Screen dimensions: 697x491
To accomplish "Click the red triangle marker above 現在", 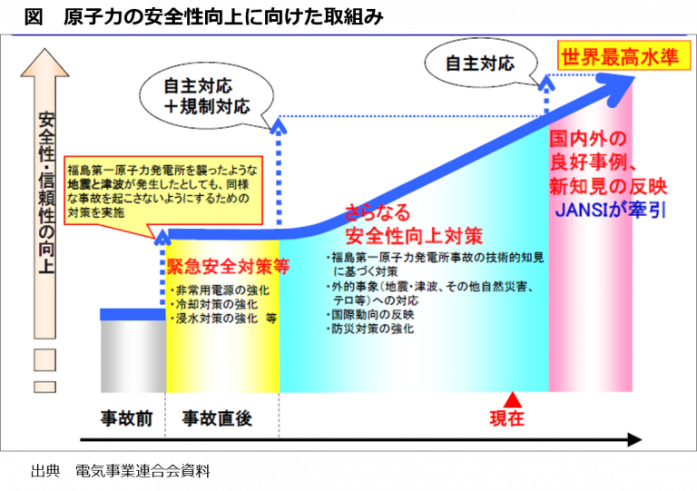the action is point(513,399).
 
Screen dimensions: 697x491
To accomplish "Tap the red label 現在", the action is point(507,418).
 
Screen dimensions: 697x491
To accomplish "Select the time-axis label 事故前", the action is point(127,418).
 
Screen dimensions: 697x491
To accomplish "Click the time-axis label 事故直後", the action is point(217,418).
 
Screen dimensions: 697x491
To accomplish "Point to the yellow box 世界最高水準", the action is point(624,57).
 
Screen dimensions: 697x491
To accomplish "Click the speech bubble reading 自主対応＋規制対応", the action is point(207,97).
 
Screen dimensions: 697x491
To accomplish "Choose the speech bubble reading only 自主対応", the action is point(481,64).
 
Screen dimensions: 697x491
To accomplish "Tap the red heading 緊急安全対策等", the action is point(228,266).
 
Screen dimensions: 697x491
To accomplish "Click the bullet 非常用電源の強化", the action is point(221,290).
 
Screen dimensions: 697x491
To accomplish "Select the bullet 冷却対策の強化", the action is point(214,304).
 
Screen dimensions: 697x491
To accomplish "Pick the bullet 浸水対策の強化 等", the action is point(224,319).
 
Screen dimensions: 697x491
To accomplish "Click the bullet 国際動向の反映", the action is point(370,315).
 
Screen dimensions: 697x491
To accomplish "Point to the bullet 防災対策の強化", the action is point(370,329).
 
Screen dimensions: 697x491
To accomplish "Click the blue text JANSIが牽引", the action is point(610,211).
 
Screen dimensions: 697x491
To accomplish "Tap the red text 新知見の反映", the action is point(608,186).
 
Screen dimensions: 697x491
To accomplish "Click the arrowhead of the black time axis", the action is point(634,440).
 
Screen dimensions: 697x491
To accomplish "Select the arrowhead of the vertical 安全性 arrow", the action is point(44,63).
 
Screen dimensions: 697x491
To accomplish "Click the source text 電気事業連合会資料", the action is point(142,471).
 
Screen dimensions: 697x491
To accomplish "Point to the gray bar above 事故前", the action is point(133,357).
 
